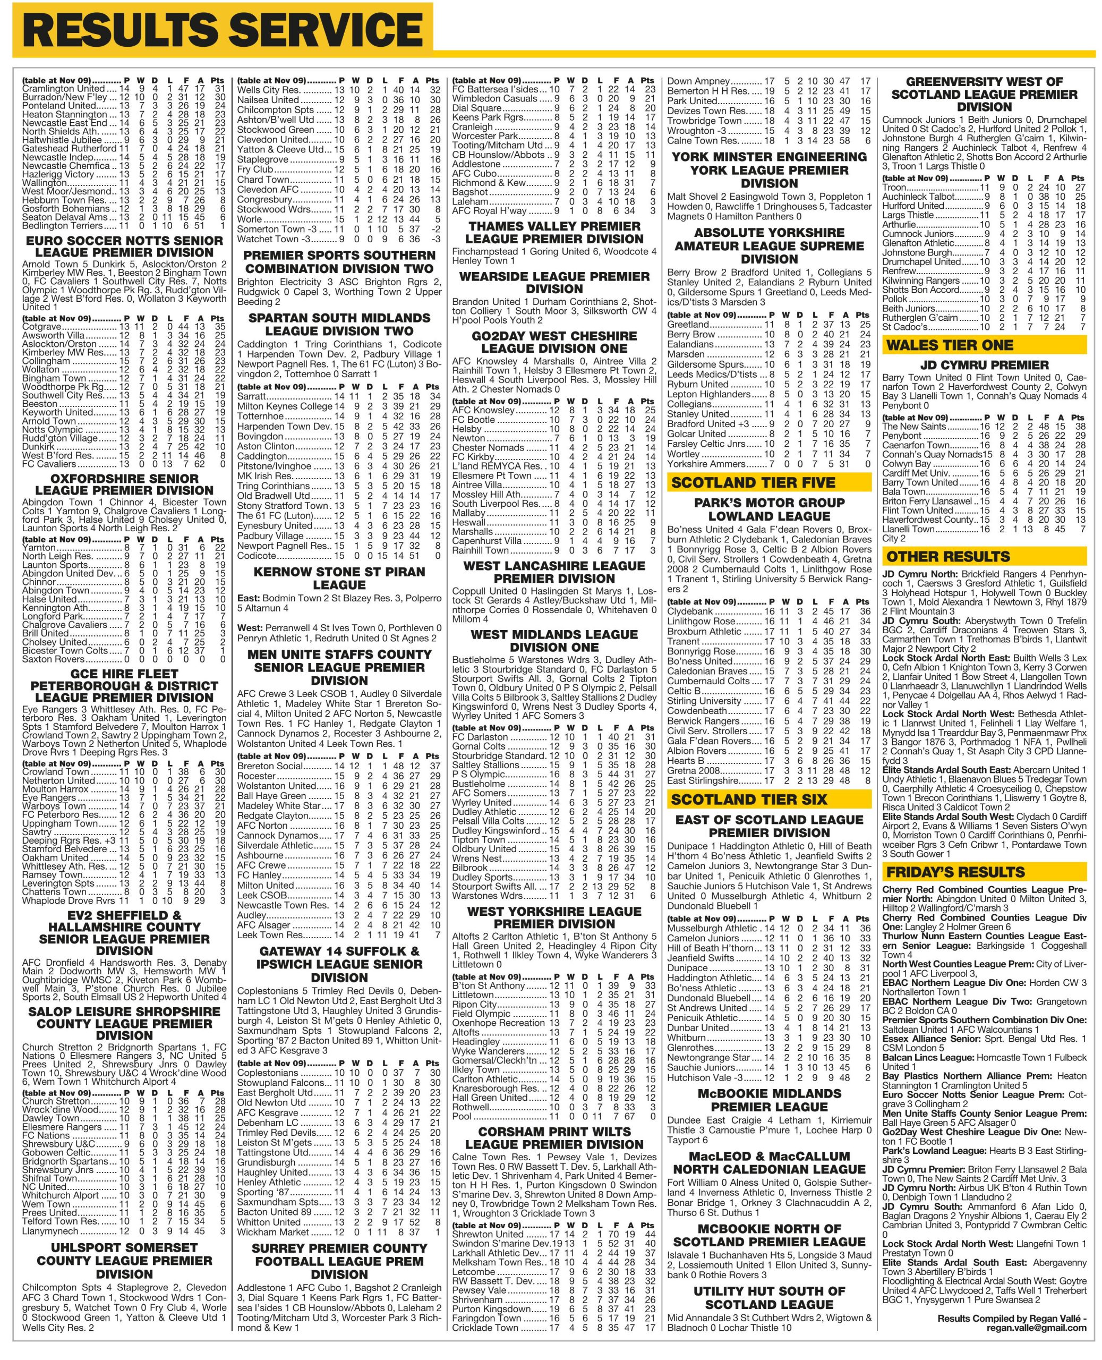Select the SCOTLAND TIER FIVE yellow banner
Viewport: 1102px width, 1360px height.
pyautogui.click(x=753, y=482)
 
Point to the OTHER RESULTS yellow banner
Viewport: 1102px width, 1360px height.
pyautogui.click(x=948, y=557)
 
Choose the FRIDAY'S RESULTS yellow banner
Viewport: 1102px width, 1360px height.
pyautogui.click(x=956, y=872)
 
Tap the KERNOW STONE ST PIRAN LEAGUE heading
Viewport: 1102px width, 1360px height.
pyautogui.click(x=339, y=578)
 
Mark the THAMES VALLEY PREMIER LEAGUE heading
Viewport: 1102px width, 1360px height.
pyautogui.click(x=554, y=232)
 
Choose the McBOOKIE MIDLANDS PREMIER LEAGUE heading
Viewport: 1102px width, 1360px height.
pyautogui.click(x=768, y=1100)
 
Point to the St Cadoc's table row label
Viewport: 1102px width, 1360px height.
pyautogui.click(x=904, y=327)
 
